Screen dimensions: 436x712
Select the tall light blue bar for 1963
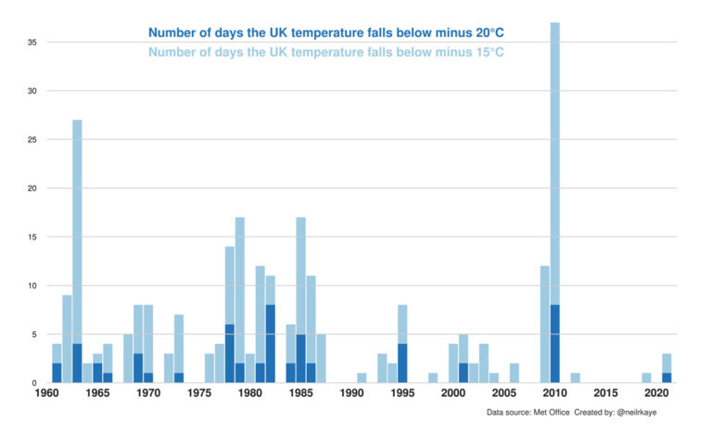[77, 232]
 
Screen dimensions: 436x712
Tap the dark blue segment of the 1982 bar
[270, 343]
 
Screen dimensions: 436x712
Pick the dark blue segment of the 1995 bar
[402, 363]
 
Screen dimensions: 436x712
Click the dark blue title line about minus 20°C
[325, 33]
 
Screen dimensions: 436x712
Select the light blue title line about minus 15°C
[325, 51]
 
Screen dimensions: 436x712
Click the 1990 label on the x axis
[351, 393]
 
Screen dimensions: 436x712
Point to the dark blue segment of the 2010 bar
[554, 344]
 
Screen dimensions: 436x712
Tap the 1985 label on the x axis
[300, 393]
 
